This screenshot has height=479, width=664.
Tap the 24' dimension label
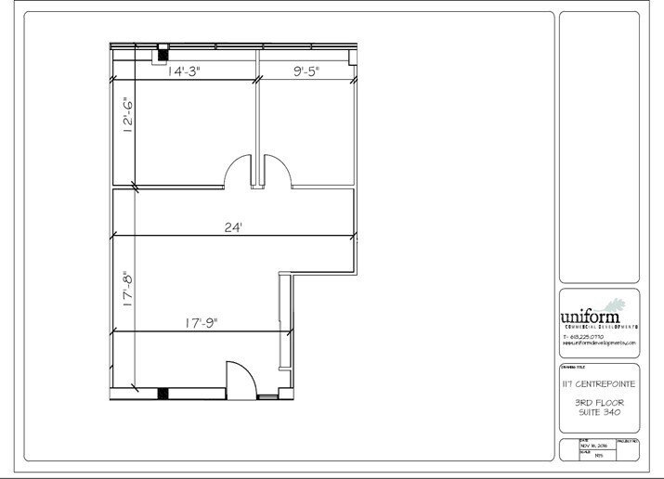click(232, 227)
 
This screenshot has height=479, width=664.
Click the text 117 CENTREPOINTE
click(597, 383)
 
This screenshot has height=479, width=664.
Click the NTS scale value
click(585, 455)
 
